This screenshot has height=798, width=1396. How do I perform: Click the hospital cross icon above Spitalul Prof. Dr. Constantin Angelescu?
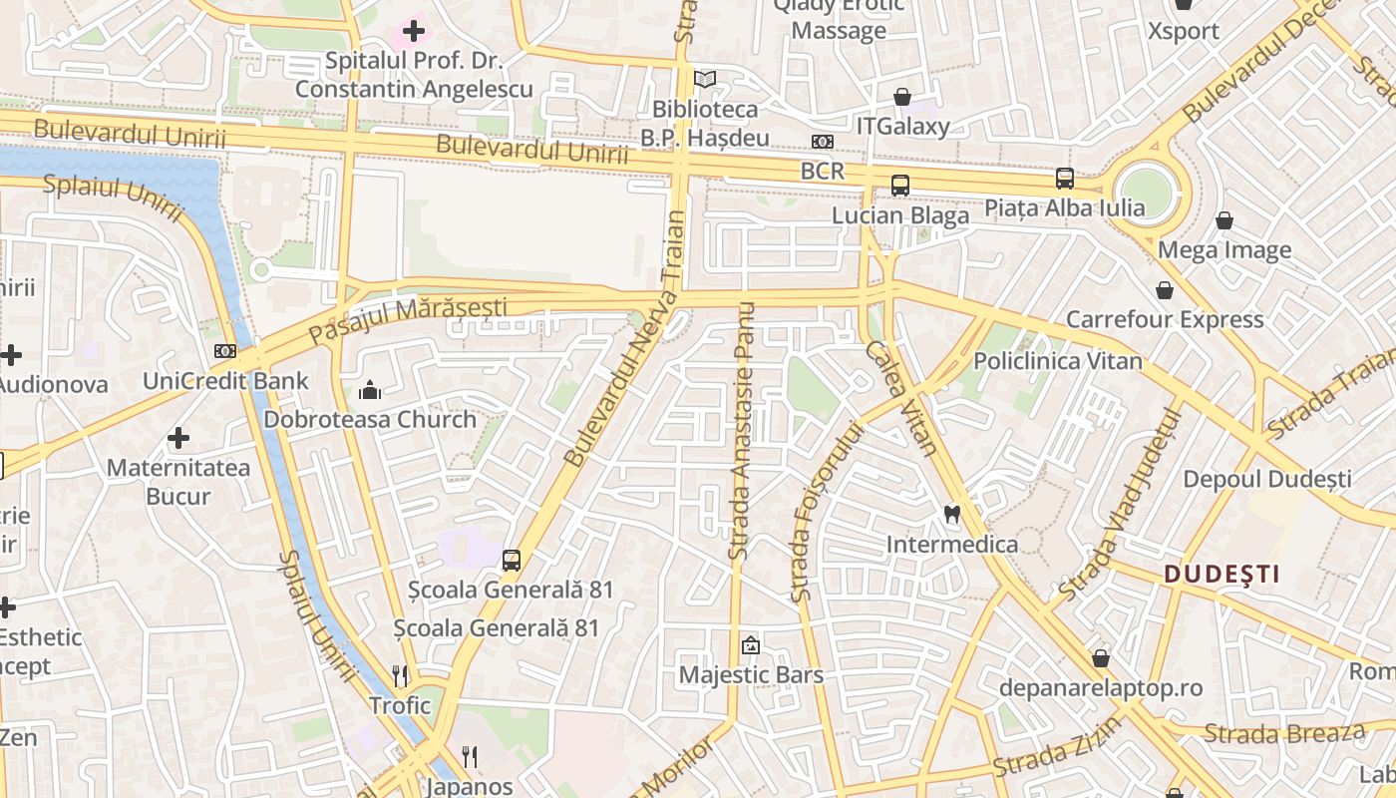[x=414, y=32]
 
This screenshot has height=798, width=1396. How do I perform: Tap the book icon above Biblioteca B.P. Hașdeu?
[x=705, y=79]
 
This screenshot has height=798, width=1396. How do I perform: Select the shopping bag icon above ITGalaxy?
[x=901, y=97]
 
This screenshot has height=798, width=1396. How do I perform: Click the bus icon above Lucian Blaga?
[x=899, y=185]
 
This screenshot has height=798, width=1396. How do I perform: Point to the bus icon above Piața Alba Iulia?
[x=1064, y=179]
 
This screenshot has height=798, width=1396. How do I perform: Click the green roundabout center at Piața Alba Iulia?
[x=1146, y=189]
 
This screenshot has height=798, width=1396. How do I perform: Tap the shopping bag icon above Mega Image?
[x=1223, y=220]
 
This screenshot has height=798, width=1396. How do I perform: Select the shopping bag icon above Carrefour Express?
[x=1164, y=290]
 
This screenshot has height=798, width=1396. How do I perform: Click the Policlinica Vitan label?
[x=1057, y=361]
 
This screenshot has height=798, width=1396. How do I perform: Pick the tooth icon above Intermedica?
[x=951, y=514]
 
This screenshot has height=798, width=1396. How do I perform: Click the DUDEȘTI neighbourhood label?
[x=1221, y=574]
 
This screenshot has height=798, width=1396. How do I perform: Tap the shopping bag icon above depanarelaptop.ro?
[x=1101, y=658]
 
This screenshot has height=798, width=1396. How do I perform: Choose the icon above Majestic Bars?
[x=751, y=645]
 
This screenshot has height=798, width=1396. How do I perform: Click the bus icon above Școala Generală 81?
[x=512, y=560]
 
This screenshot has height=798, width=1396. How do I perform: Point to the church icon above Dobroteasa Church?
[x=370, y=389]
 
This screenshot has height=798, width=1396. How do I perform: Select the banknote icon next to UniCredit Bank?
[x=225, y=351]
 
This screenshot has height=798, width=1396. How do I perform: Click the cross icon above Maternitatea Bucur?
[x=178, y=438]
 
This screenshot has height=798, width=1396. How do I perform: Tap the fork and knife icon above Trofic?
[x=400, y=675]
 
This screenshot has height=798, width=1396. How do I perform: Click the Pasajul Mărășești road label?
[x=408, y=319]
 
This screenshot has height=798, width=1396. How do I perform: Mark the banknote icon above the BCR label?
[x=823, y=142]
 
